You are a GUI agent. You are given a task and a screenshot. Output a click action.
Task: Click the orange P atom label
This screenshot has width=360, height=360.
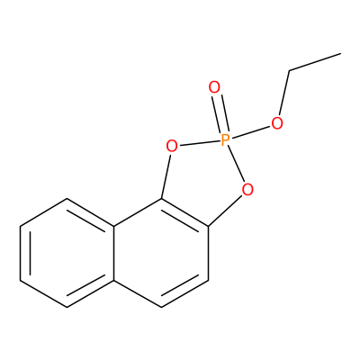(225, 140)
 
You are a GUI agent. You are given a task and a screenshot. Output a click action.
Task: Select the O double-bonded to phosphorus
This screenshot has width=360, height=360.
(214, 87)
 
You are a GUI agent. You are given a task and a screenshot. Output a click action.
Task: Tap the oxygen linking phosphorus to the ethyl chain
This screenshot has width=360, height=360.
(277, 123)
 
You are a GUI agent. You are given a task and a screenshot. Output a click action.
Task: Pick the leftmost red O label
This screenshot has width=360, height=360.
(172, 147)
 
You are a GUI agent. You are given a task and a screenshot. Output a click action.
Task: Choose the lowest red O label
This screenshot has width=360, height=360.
(247, 190)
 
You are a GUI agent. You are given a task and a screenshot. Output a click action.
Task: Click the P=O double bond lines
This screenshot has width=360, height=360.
(220, 114)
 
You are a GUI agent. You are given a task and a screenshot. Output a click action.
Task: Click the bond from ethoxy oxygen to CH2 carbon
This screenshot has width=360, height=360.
(284, 93)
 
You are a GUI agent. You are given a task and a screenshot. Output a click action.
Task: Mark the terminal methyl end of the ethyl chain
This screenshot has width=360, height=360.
(341, 54)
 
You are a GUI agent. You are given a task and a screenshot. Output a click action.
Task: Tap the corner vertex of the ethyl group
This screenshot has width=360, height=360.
(290, 71)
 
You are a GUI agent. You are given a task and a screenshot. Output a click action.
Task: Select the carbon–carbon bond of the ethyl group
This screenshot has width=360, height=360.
(315, 62)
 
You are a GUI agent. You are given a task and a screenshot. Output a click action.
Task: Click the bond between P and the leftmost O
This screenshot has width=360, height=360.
(199, 143)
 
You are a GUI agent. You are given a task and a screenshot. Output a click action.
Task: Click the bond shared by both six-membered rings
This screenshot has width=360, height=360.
(114, 253)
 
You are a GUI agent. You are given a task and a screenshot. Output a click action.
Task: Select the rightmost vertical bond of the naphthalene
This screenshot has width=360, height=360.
(208, 253)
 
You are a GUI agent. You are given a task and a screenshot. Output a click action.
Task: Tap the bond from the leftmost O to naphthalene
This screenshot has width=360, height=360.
(166, 175)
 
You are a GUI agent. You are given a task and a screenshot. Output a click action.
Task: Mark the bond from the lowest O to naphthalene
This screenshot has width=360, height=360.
(225, 210)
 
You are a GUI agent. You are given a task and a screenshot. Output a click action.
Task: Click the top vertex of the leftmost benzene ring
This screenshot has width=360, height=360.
(67, 198)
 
